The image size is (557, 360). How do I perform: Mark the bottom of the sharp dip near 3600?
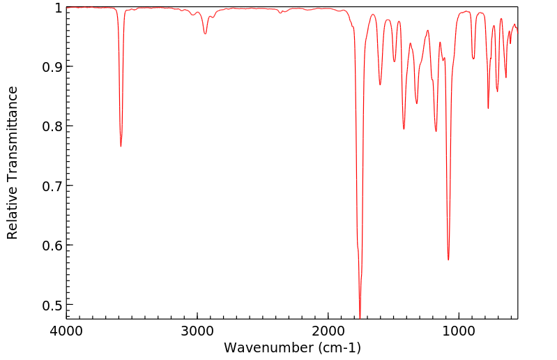pyautogui.click(x=121, y=146)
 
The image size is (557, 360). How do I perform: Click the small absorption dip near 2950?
pyautogui.click(x=205, y=33)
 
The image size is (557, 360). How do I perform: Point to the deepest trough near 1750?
pyautogui.click(x=360, y=316)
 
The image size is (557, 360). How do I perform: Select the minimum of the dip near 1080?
pyautogui.click(x=448, y=260)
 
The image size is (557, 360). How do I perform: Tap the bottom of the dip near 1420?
pyautogui.click(x=404, y=129)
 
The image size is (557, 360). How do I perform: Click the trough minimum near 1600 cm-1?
pyautogui.click(x=380, y=84)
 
